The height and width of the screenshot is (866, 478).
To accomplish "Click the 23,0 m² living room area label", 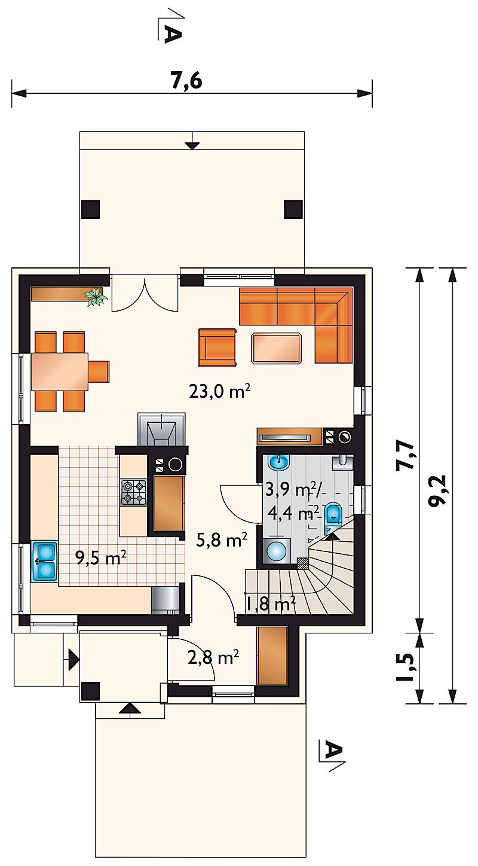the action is pos(219,391).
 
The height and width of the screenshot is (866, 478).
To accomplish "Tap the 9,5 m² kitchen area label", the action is pos(101,558).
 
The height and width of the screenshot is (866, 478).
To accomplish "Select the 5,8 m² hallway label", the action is pos(222,539).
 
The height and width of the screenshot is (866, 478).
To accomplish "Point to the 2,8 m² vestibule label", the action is pos(213,657).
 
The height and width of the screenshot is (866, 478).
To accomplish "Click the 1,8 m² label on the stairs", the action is pos(271,603).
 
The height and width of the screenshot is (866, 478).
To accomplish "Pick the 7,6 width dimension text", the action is pos(186,81).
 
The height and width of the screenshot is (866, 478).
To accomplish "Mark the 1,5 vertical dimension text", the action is pos(406,667).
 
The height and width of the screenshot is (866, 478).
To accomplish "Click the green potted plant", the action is pos(95,297).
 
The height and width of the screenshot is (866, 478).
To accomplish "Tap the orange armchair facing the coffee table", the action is pos(217,347).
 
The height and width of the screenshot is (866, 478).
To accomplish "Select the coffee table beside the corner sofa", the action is pos(277,348).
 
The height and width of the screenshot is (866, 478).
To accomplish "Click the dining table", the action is pos(60,371).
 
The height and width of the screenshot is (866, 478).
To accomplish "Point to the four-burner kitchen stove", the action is pos(134,493).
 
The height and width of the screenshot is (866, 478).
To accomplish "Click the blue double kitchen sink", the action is pos(45,562).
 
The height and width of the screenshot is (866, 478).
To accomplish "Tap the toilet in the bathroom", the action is pos(333,513).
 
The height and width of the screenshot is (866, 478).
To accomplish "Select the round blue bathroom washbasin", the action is pos(278,462).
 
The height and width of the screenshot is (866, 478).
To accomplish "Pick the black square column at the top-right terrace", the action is pos(293,209).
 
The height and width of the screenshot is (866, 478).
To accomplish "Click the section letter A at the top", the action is pos(172,33).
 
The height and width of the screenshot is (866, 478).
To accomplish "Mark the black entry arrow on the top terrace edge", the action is pos(192,146).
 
